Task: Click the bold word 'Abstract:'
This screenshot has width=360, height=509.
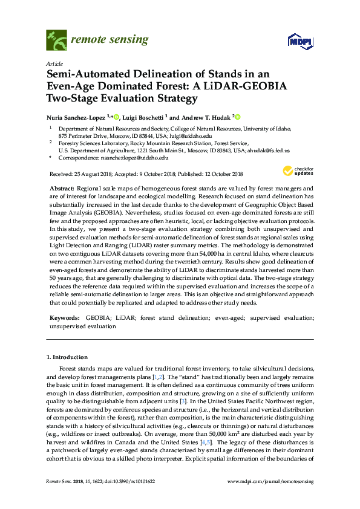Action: tap(63, 189)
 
